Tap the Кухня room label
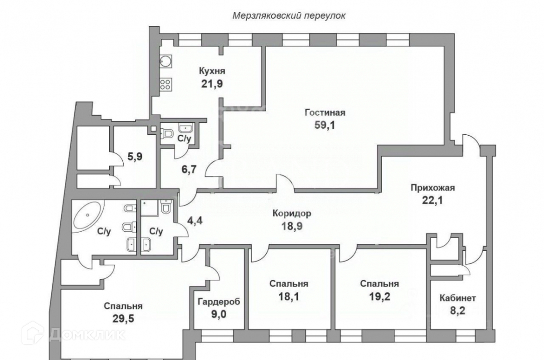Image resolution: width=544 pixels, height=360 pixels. tap(212, 71)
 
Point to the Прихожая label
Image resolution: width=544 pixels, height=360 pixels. tap(432, 187)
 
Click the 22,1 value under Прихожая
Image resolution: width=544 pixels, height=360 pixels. tap(432, 200)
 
